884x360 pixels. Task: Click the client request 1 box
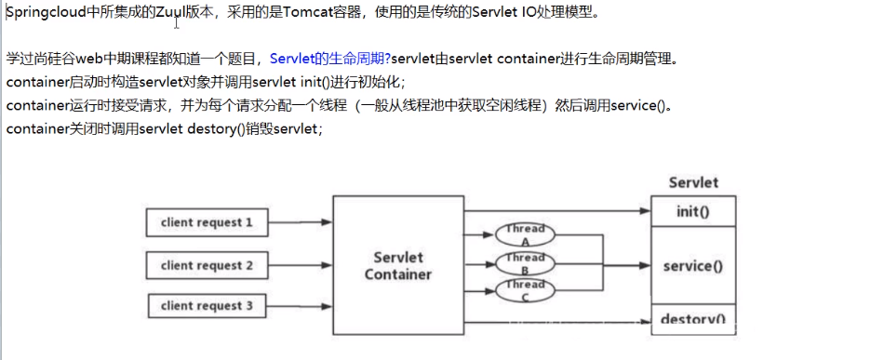(x=207, y=223)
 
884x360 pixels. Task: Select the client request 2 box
(x=207, y=265)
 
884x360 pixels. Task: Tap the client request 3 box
(x=207, y=305)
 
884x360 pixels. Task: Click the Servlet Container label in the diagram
(x=397, y=266)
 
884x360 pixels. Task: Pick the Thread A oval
(x=525, y=233)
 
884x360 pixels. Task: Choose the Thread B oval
(x=525, y=261)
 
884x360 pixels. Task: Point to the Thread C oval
(x=525, y=289)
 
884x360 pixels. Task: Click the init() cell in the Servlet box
(x=692, y=211)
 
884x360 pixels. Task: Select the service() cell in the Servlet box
(x=692, y=265)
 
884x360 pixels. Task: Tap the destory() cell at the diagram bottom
(x=692, y=319)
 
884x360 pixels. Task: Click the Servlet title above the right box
(x=693, y=183)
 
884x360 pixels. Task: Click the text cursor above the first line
(x=176, y=22)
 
